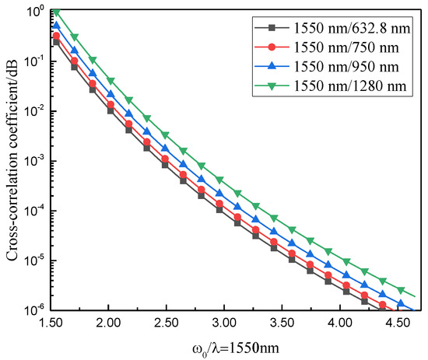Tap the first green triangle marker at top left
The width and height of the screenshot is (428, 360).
tap(55, 13)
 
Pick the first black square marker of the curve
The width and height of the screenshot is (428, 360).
tap(55, 42)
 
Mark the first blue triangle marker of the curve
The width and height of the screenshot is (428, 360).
tap(55, 26)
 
